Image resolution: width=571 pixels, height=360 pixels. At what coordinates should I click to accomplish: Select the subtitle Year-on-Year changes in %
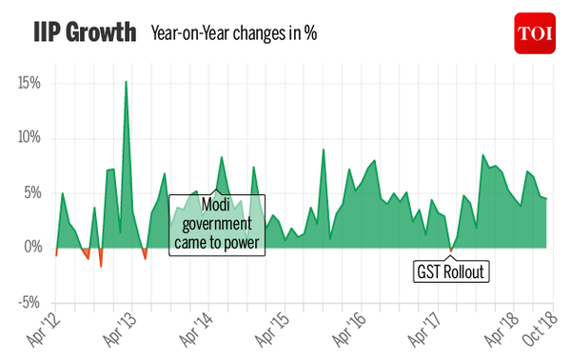pyautogui.click(x=233, y=34)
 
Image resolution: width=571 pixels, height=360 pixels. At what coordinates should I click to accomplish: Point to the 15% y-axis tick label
pyautogui.click(x=28, y=83)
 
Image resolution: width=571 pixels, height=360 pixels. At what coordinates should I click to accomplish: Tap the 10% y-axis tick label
pyautogui.click(x=28, y=137)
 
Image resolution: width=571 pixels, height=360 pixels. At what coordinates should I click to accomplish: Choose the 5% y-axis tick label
pyautogui.click(x=31, y=192)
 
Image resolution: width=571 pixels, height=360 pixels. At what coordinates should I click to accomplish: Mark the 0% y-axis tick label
pyautogui.click(x=31, y=247)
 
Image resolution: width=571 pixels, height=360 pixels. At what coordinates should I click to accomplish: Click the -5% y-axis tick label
pyautogui.click(x=29, y=302)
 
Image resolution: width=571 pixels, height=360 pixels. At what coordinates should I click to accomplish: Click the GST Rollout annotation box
pyautogui.click(x=451, y=270)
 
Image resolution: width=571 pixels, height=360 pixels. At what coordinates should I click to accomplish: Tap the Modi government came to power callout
pyautogui.click(x=217, y=225)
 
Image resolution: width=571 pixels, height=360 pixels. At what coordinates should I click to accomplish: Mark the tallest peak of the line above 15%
pyautogui.click(x=126, y=82)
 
